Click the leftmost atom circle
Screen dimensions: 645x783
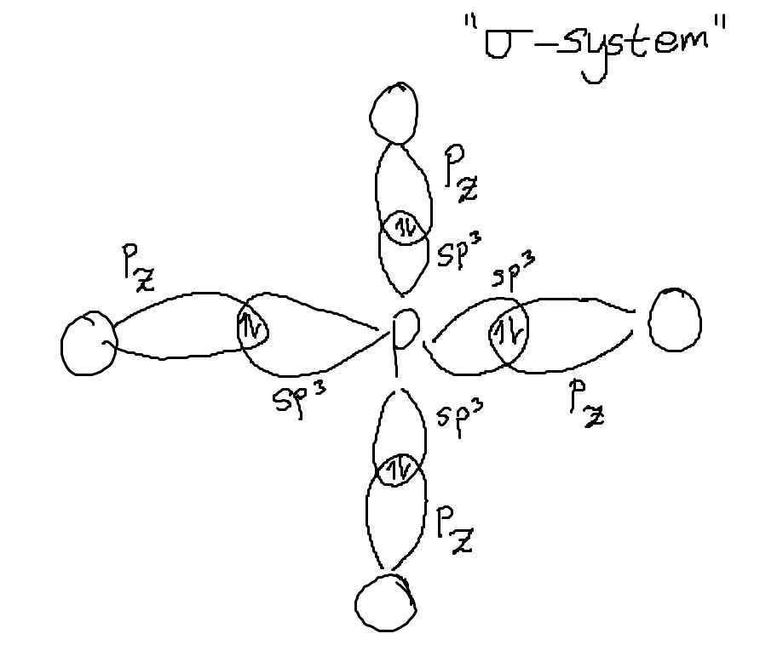88,344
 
